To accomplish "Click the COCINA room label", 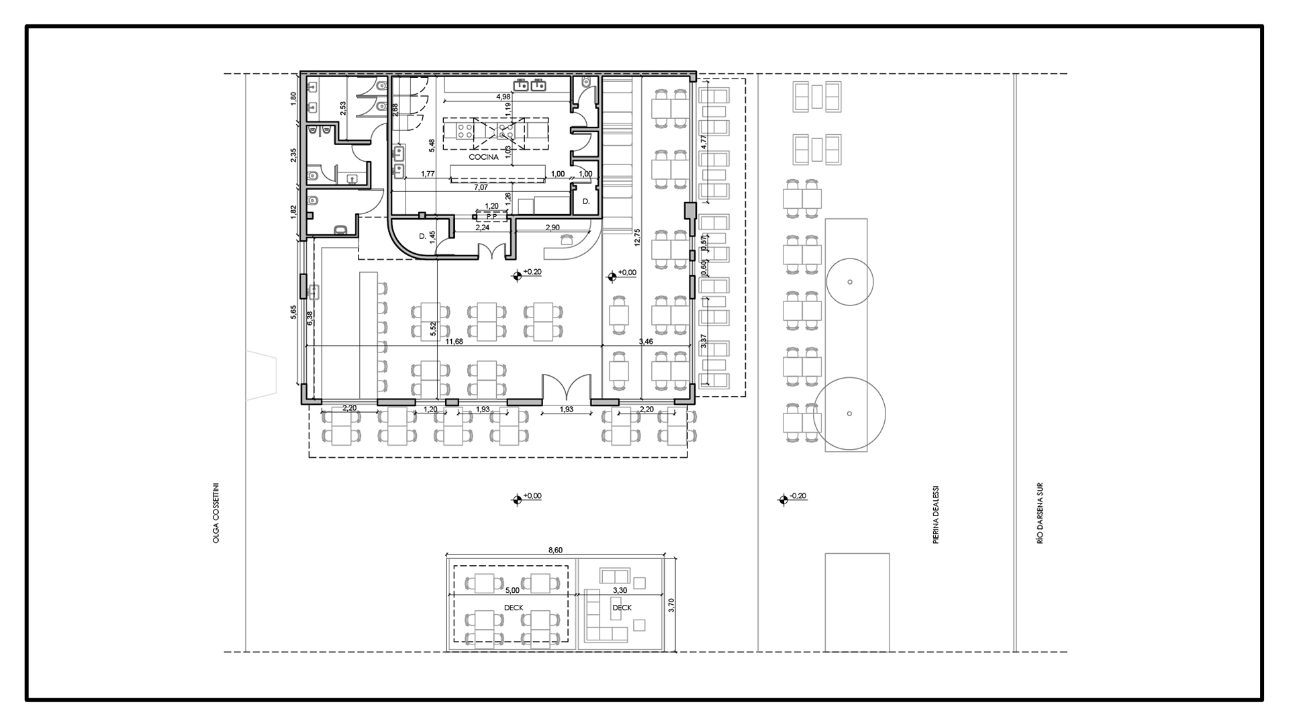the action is pyautogui.click(x=483, y=157).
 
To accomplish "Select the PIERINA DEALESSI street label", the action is pyautogui.click(x=935, y=514).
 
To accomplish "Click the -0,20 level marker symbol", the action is pyautogui.click(x=783, y=499).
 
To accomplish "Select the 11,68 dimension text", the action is pyautogui.click(x=455, y=342).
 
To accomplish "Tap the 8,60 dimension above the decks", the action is pyautogui.click(x=555, y=550).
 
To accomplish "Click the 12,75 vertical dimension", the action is pyautogui.click(x=637, y=238).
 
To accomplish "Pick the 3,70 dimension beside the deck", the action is pyautogui.click(x=671, y=606).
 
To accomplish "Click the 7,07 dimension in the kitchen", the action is pyautogui.click(x=481, y=187).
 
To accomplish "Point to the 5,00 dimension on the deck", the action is pyautogui.click(x=512, y=591).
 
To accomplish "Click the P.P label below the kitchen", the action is pyautogui.click(x=491, y=217).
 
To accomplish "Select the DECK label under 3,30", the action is pyautogui.click(x=622, y=608).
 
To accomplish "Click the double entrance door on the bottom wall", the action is pyautogui.click(x=566, y=388).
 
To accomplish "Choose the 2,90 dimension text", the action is pyautogui.click(x=553, y=228).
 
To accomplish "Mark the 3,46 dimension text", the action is pyautogui.click(x=646, y=342).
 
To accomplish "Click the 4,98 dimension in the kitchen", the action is pyautogui.click(x=503, y=97).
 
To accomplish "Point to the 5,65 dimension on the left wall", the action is pyautogui.click(x=293, y=313).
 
